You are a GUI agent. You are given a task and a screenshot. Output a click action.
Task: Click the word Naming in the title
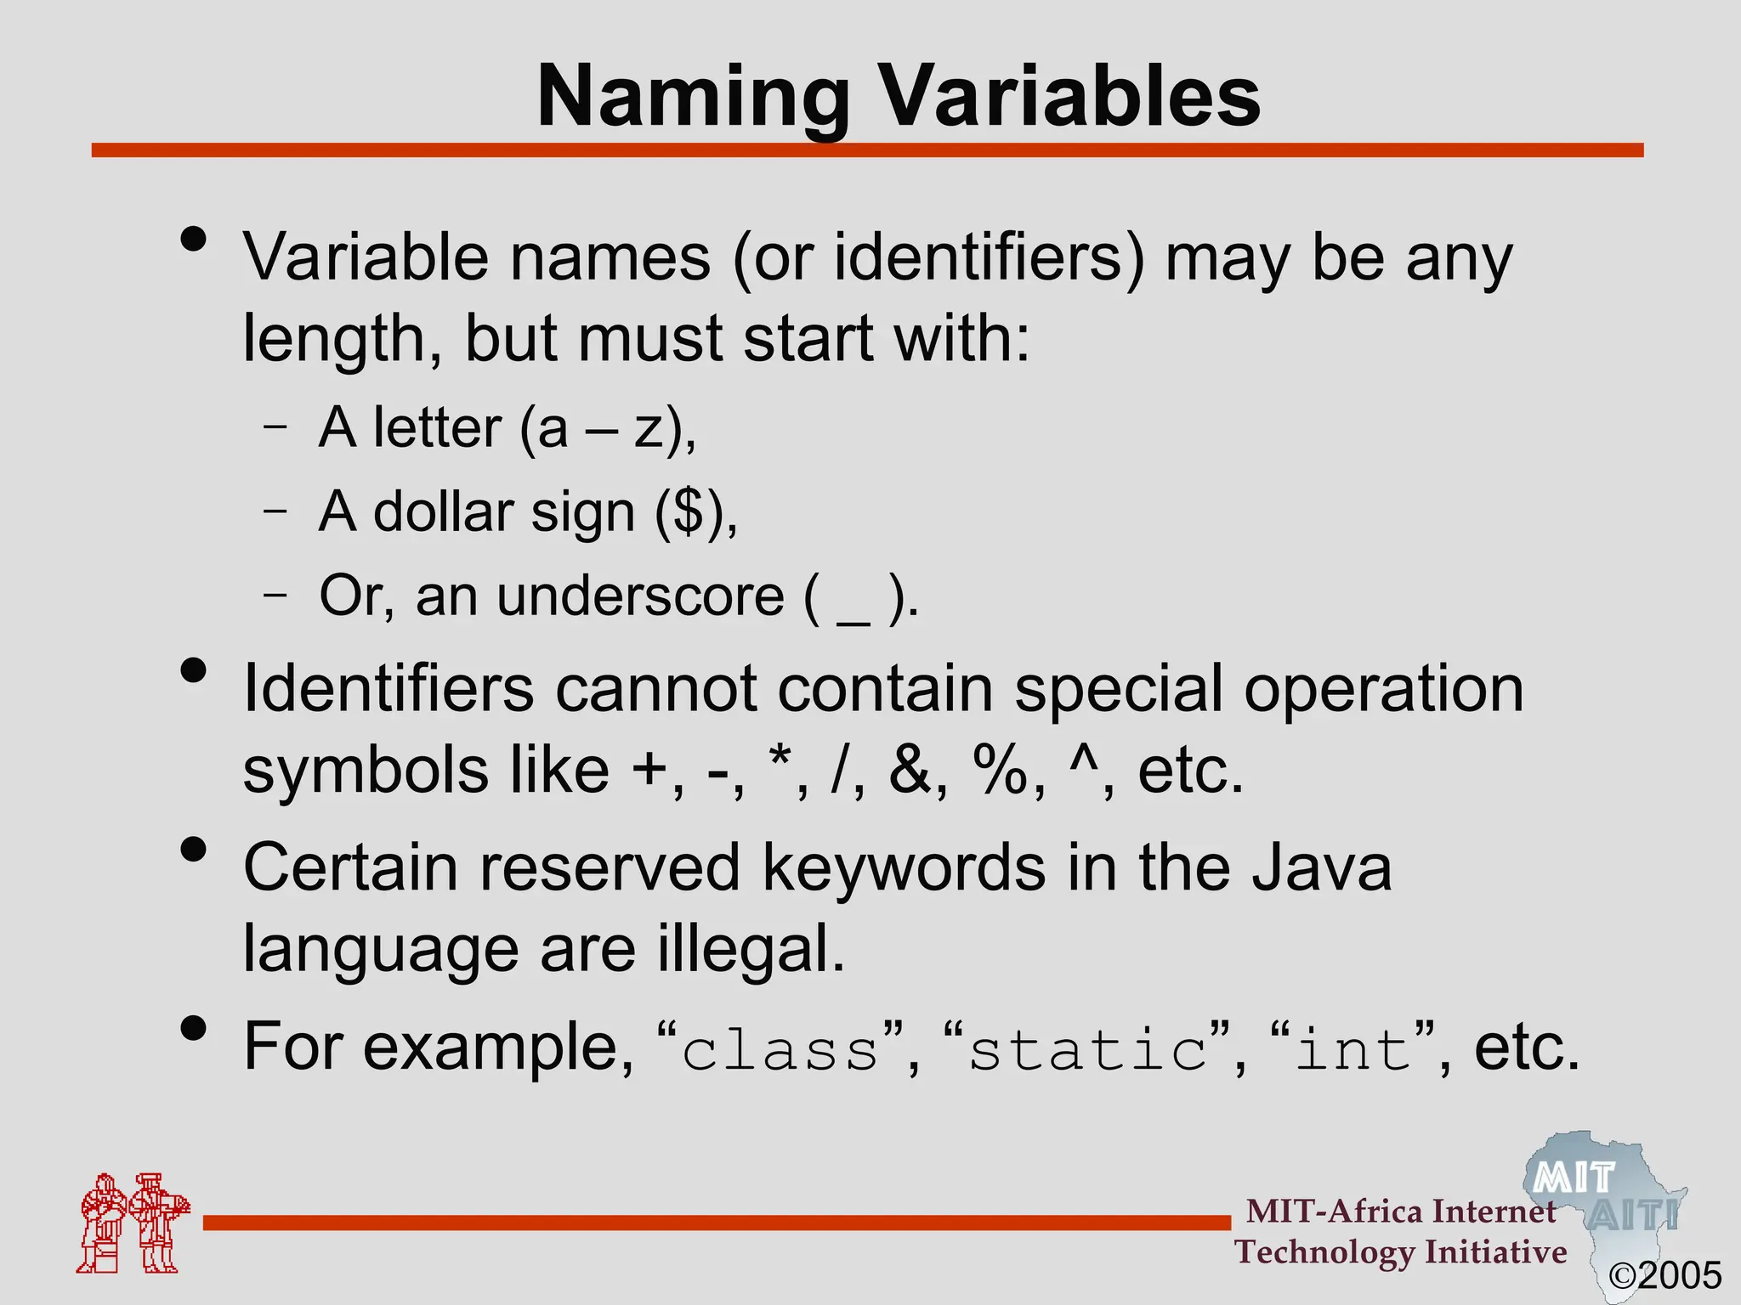coord(693,98)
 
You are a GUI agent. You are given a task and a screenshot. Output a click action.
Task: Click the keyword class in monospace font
coord(780,1050)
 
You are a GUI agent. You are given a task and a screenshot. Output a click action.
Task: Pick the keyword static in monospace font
coord(1088,1050)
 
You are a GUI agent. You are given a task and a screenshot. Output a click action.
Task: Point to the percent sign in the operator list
coord(1004,770)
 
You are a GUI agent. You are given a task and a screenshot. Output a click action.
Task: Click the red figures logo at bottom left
coord(132,1223)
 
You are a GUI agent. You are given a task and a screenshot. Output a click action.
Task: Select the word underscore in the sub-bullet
coord(640,596)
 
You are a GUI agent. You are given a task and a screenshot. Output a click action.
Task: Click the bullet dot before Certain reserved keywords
coord(195,850)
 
